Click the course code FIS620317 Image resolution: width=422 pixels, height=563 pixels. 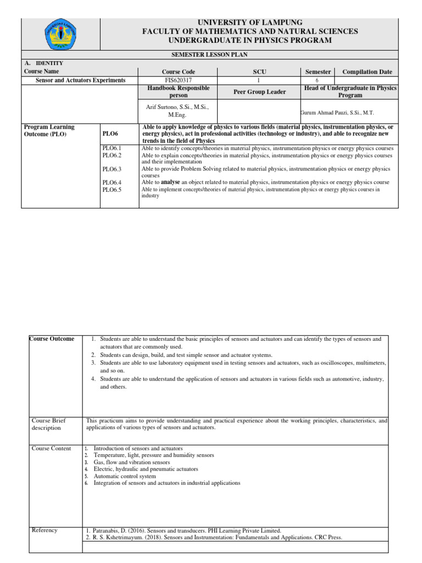pyautogui.click(x=178, y=80)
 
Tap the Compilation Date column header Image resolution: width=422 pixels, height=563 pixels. pyautogui.click(x=367, y=71)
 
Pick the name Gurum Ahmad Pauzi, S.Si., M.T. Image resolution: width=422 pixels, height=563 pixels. pyautogui.click(x=337, y=112)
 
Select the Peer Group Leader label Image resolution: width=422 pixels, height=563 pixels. pyautogui.click(x=259, y=92)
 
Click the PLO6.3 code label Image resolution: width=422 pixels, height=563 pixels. pyautogui.click(x=112, y=169)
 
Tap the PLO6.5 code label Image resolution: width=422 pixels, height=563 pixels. pyautogui.click(x=112, y=190)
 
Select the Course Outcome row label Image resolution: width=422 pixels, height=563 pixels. pyautogui.click(x=51, y=339)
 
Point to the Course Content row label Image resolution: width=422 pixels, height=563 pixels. pyautogui.click(x=51, y=449)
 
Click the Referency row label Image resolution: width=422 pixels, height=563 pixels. pyautogui.click(x=45, y=530)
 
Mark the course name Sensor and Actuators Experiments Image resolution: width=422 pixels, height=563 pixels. pyautogui.click(x=80, y=80)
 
